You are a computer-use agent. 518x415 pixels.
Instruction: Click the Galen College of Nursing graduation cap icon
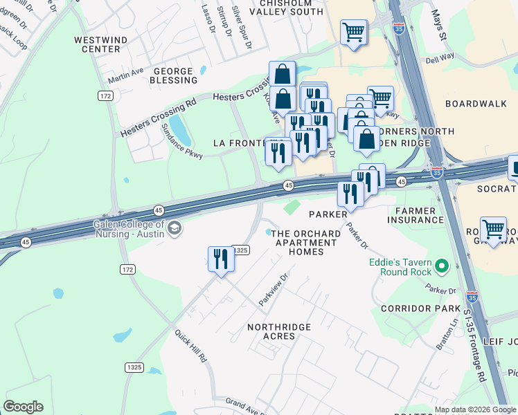click(x=175, y=228)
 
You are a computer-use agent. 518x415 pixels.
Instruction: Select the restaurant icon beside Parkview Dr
click(x=221, y=260)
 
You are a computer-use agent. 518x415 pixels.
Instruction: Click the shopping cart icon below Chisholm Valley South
click(x=354, y=32)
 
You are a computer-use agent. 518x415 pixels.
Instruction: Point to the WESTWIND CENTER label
click(x=101, y=45)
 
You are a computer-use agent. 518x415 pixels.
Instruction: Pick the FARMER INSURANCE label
click(x=416, y=215)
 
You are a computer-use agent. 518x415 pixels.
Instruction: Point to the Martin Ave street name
click(x=125, y=73)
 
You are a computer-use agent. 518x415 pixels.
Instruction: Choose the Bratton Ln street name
click(x=445, y=334)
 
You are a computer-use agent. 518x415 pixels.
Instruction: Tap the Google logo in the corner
click(x=23, y=407)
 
